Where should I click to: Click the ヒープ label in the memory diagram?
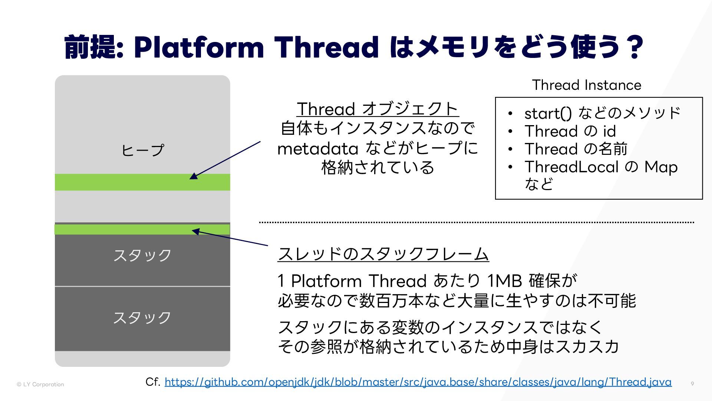tap(142, 150)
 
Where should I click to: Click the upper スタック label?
tap(142, 255)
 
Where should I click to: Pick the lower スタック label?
tap(142, 318)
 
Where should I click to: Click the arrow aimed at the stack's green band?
tap(230, 238)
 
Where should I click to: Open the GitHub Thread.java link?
tap(418, 382)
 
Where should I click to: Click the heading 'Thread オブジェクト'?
tap(378, 109)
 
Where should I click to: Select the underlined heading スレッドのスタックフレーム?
tap(383, 254)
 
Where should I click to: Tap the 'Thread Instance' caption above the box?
tap(587, 85)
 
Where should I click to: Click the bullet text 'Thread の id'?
tap(570, 131)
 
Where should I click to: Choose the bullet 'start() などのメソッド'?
tap(602, 113)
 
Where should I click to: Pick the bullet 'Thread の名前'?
tap(576, 149)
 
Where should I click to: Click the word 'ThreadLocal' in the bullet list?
tap(571, 167)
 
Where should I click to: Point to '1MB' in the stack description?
tap(504, 281)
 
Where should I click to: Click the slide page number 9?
tap(692, 384)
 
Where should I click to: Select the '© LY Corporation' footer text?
tap(40, 384)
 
